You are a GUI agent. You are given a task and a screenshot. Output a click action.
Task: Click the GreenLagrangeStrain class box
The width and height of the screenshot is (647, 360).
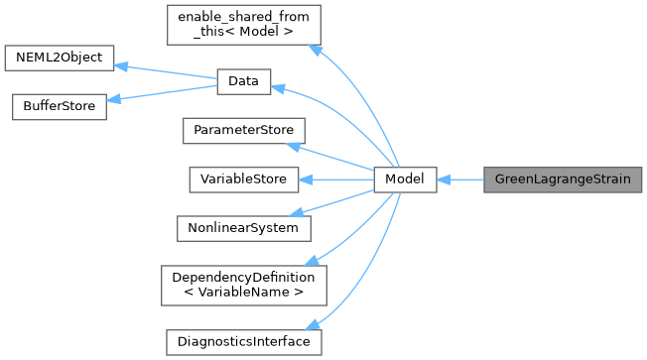[x=563, y=180]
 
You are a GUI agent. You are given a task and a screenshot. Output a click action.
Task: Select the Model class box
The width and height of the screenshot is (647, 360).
[x=405, y=180]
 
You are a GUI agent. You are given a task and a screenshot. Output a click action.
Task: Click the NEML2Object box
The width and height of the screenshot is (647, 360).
[x=60, y=57]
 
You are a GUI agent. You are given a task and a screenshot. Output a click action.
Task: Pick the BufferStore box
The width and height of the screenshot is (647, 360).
[x=58, y=107]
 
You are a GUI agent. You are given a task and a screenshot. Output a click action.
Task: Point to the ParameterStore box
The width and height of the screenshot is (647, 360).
[x=243, y=131]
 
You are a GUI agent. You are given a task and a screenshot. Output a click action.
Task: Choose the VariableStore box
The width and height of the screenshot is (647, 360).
[x=243, y=180]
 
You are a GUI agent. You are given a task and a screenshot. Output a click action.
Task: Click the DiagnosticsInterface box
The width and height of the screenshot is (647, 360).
[x=243, y=341]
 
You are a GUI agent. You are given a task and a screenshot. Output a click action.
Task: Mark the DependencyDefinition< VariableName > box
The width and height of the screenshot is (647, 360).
[x=243, y=285]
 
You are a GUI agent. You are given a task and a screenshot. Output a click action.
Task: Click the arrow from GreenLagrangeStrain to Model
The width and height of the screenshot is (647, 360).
[x=461, y=180]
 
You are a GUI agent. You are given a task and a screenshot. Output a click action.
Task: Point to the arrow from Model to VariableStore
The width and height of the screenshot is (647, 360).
[x=337, y=180]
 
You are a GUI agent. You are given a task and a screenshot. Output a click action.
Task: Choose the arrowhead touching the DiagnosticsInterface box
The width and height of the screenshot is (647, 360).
[x=313, y=325]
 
